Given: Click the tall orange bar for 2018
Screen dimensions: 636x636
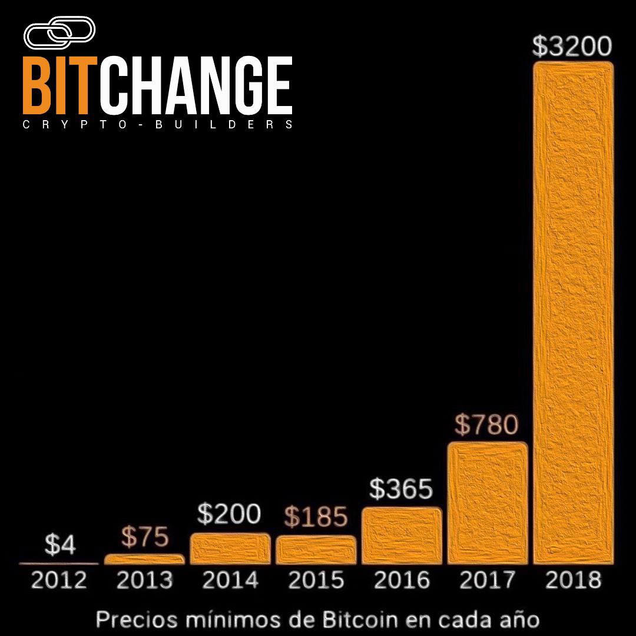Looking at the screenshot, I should (573, 312).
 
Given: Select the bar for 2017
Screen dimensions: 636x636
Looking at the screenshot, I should (488, 503).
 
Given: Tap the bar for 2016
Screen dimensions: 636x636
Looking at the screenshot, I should (402, 535).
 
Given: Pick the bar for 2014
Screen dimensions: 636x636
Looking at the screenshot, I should (230, 548).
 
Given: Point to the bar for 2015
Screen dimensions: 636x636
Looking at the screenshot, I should (316, 549).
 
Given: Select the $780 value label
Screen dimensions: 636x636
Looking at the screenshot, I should (487, 425).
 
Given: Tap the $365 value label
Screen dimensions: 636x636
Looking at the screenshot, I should (402, 489).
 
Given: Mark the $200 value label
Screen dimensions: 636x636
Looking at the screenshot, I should (229, 515).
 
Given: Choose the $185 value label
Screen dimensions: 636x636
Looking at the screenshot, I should (316, 517).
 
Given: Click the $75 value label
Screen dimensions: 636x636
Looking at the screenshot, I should (145, 538).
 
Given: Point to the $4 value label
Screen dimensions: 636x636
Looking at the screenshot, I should (60, 546).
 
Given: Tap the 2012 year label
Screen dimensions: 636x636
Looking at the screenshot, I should (59, 581).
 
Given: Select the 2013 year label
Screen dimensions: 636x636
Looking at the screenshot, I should (145, 581).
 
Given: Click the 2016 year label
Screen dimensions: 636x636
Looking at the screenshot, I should (402, 581).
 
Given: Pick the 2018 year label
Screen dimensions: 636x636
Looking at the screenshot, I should (573, 581).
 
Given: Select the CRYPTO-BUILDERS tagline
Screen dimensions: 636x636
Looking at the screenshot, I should (157, 125).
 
